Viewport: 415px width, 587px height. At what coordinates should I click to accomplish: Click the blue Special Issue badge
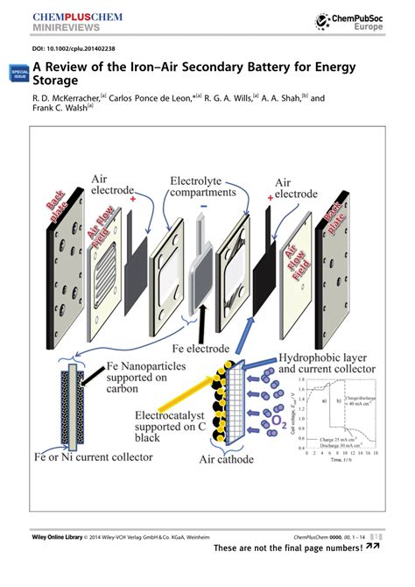click(x=18, y=75)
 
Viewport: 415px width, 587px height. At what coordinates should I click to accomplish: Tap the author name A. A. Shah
click(x=294, y=99)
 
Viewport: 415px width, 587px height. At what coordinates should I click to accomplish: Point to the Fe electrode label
click(x=206, y=347)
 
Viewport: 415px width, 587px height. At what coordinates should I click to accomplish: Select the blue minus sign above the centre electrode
click(x=203, y=209)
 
